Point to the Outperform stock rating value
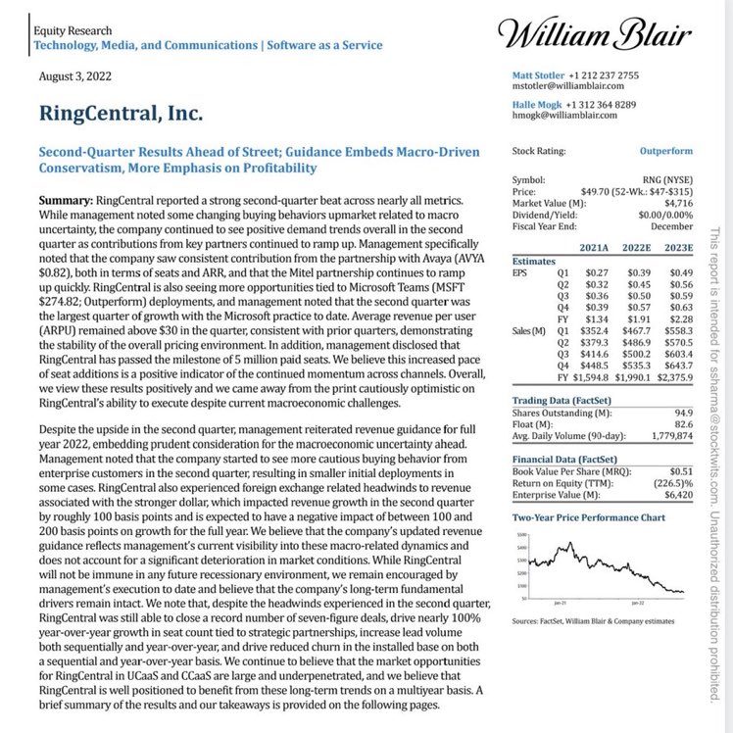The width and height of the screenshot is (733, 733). [665, 152]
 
